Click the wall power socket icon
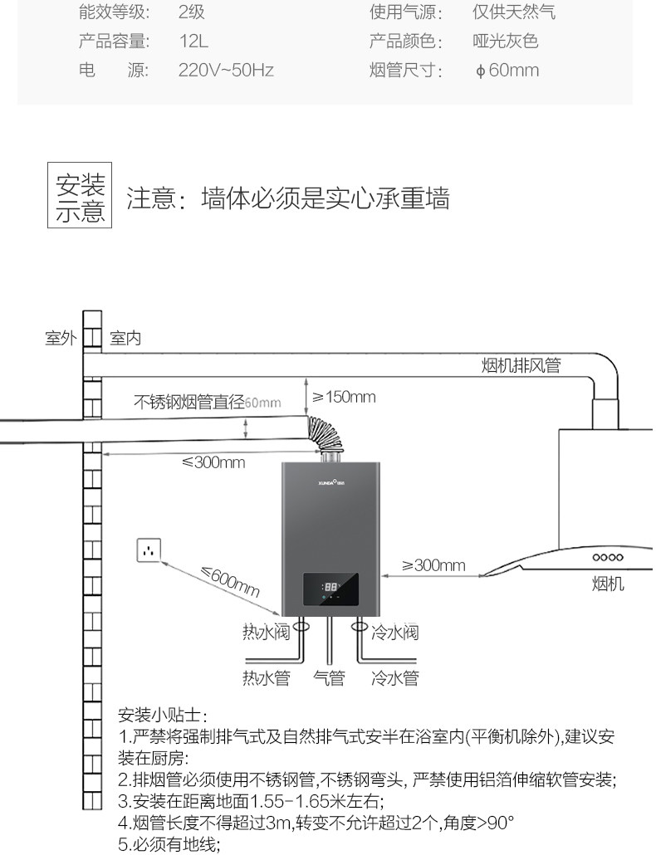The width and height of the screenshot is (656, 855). pyautogui.click(x=148, y=551)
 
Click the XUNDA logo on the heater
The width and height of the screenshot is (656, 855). pyautogui.click(x=332, y=481)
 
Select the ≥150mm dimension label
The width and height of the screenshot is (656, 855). pyautogui.click(x=344, y=397)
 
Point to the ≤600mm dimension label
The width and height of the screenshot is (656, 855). pyautogui.click(x=229, y=582)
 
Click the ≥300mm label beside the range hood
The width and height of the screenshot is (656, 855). pyautogui.click(x=433, y=565)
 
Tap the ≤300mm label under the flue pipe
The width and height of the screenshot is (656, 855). pyautogui.click(x=213, y=462)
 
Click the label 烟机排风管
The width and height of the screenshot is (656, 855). pyautogui.click(x=521, y=365)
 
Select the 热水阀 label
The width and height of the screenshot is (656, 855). pyautogui.click(x=265, y=633)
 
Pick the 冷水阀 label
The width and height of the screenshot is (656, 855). pyautogui.click(x=394, y=633)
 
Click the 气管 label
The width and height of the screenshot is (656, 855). pyautogui.click(x=329, y=678)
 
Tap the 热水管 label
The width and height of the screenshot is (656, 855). pyautogui.click(x=266, y=678)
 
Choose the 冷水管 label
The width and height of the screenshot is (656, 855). pyautogui.click(x=394, y=678)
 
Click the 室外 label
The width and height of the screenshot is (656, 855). pyautogui.click(x=61, y=339)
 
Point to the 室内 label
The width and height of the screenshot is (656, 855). pyautogui.click(x=125, y=339)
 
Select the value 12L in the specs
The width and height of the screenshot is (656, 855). pyautogui.click(x=194, y=42)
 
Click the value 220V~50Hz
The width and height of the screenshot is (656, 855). pyautogui.click(x=226, y=71)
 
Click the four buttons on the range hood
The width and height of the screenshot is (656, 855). pyautogui.click(x=607, y=557)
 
